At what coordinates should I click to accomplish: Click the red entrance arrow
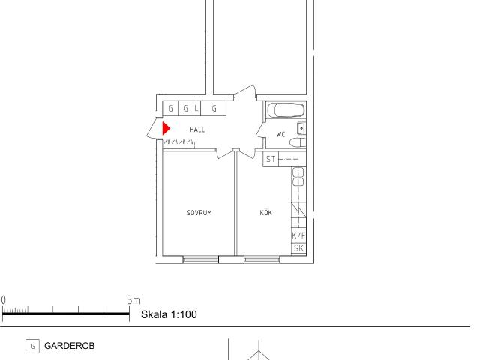(x=166, y=128)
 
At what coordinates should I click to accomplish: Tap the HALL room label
(x=197, y=130)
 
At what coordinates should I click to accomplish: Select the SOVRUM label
(x=199, y=213)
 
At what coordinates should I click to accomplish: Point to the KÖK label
(x=265, y=212)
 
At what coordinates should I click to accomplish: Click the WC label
(x=280, y=134)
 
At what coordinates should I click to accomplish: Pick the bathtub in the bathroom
(x=286, y=110)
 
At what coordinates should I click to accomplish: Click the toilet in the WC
(x=298, y=142)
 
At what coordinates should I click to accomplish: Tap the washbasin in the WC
(x=301, y=128)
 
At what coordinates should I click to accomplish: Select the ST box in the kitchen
(x=271, y=159)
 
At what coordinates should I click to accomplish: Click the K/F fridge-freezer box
(x=298, y=235)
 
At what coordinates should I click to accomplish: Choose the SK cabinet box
(x=298, y=248)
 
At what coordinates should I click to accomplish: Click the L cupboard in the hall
(x=196, y=108)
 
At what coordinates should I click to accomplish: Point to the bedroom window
(x=200, y=260)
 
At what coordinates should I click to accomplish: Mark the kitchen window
(x=262, y=260)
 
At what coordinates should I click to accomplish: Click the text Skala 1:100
(x=169, y=314)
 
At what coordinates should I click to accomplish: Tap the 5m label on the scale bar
(x=133, y=300)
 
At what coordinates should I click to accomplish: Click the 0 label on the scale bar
(x=3, y=300)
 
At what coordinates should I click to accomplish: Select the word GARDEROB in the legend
(x=70, y=346)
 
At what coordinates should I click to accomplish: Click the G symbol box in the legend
(x=32, y=346)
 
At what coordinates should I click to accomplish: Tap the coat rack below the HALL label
(x=179, y=144)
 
